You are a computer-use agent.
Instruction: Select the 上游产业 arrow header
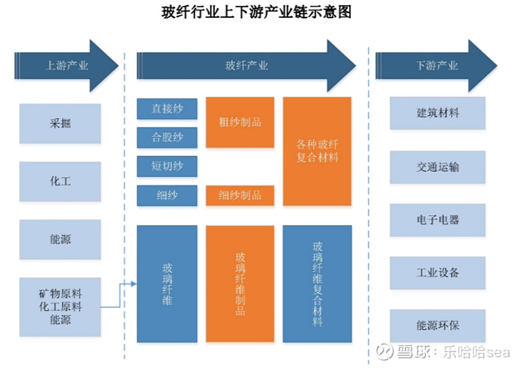point(66,66)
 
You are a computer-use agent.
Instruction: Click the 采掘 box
point(60,124)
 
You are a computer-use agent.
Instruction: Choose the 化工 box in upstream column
point(60,181)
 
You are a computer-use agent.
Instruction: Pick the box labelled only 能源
point(60,239)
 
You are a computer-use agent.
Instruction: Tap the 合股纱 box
point(167,137)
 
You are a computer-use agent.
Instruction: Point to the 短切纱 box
point(167,166)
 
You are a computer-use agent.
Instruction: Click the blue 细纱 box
point(167,195)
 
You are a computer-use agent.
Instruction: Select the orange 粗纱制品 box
point(240,122)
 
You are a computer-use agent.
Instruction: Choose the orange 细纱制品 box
point(240,195)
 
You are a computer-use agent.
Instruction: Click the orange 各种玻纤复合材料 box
point(317,151)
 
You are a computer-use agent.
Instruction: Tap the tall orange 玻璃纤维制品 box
point(240,283)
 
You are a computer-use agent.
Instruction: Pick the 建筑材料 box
point(438,113)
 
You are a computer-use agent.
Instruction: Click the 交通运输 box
point(438,167)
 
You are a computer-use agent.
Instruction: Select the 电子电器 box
point(438,220)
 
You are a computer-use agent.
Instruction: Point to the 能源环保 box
point(438,326)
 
